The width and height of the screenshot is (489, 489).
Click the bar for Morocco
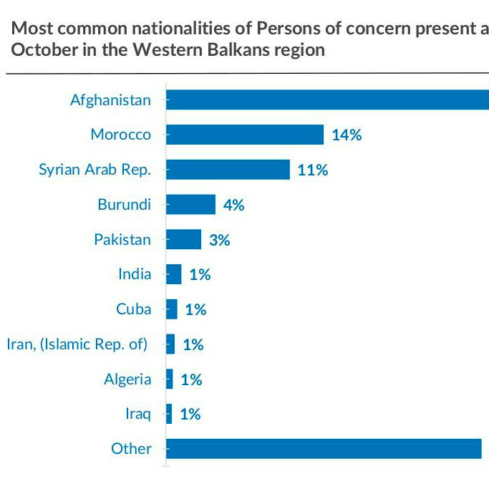pos(245,135)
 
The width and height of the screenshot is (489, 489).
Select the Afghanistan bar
pos(327,100)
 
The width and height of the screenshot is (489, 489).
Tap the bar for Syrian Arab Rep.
pos(228,170)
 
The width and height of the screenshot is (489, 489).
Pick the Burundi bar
pos(190,204)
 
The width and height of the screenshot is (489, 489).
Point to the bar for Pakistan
pos(183,239)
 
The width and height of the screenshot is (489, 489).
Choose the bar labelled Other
pos(324,449)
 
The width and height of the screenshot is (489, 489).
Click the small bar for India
pos(173,274)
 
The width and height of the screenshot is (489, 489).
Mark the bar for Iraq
pos(169,414)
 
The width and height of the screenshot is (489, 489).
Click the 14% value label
pos(347,135)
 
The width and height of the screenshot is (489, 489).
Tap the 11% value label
pos(313,170)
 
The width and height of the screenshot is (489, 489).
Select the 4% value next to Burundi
pos(233,205)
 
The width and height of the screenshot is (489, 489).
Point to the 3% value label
pos(219,240)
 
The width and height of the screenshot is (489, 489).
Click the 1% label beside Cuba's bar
pos(195,309)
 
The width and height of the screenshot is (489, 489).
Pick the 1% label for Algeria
pos(191,379)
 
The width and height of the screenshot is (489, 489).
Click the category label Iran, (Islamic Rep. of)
pos(77,344)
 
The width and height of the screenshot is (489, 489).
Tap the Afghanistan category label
pos(110,100)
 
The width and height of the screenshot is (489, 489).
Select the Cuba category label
pos(133,309)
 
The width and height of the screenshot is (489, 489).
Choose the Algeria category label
pos(127,379)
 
